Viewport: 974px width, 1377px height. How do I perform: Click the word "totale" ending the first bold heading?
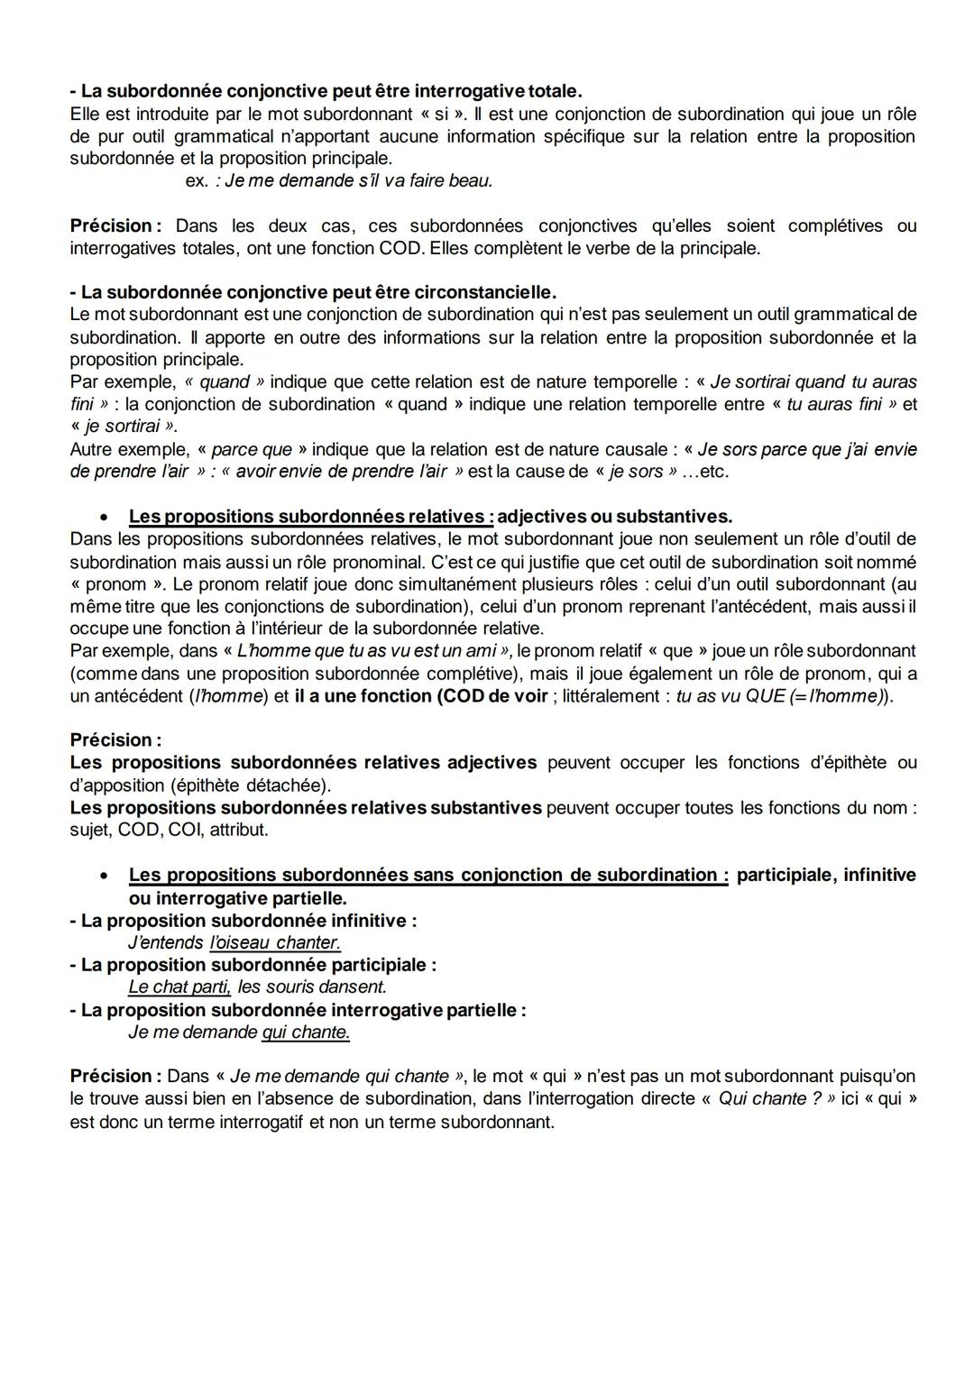(x=553, y=91)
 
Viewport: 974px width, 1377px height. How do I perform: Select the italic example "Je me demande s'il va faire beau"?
(x=359, y=180)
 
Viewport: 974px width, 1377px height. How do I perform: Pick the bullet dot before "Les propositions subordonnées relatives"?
(x=106, y=518)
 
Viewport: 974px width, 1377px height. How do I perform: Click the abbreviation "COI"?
(x=186, y=830)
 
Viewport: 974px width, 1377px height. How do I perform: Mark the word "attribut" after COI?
(x=239, y=830)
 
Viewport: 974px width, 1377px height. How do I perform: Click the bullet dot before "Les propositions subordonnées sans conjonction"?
(x=106, y=876)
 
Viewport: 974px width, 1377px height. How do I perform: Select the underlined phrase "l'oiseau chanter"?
(x=275, y=942)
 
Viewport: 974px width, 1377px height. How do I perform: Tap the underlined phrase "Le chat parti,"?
(x=179, y=987)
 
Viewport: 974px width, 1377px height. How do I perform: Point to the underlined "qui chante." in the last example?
(x=306, y=1032)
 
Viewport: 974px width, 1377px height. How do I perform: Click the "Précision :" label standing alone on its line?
(x=115, y=740)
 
